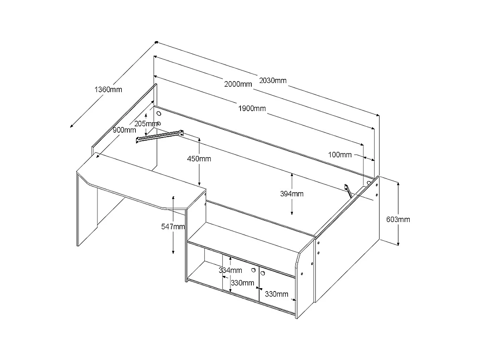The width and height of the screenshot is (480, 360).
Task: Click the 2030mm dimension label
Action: [273, 80]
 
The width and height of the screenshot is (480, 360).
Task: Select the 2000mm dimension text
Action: [238, 84]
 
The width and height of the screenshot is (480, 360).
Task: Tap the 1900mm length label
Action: [252, 109]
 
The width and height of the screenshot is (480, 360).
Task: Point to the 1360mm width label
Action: [108, 89]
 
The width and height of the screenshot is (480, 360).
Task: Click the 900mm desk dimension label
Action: [124, 130]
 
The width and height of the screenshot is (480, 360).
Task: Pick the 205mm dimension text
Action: [145, 123]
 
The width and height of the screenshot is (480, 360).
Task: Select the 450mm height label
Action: [199, 159]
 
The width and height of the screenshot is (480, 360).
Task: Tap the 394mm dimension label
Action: [292, 193]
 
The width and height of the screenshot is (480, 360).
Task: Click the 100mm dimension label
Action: [340, 154]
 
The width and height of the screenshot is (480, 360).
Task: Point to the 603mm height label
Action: [398, 219]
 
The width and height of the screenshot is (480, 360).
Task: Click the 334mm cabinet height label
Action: [230, 270]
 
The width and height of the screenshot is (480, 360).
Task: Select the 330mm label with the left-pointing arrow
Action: [242, 283]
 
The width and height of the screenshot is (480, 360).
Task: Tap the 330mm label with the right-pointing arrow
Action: [276, 294]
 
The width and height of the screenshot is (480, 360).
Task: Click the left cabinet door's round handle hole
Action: [254, 270]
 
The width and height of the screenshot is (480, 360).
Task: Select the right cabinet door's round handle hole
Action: [263, 273]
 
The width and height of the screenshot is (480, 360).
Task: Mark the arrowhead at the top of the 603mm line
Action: [398, 183]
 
